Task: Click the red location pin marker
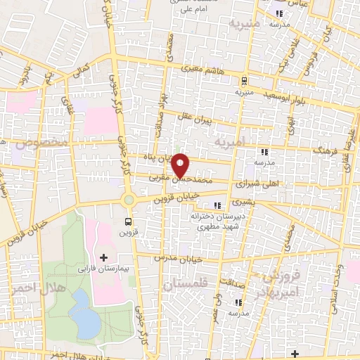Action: (181, 165)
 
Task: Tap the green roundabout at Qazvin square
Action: (128, 200)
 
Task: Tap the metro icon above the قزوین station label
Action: (136, 219)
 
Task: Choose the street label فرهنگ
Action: (328, 149)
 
